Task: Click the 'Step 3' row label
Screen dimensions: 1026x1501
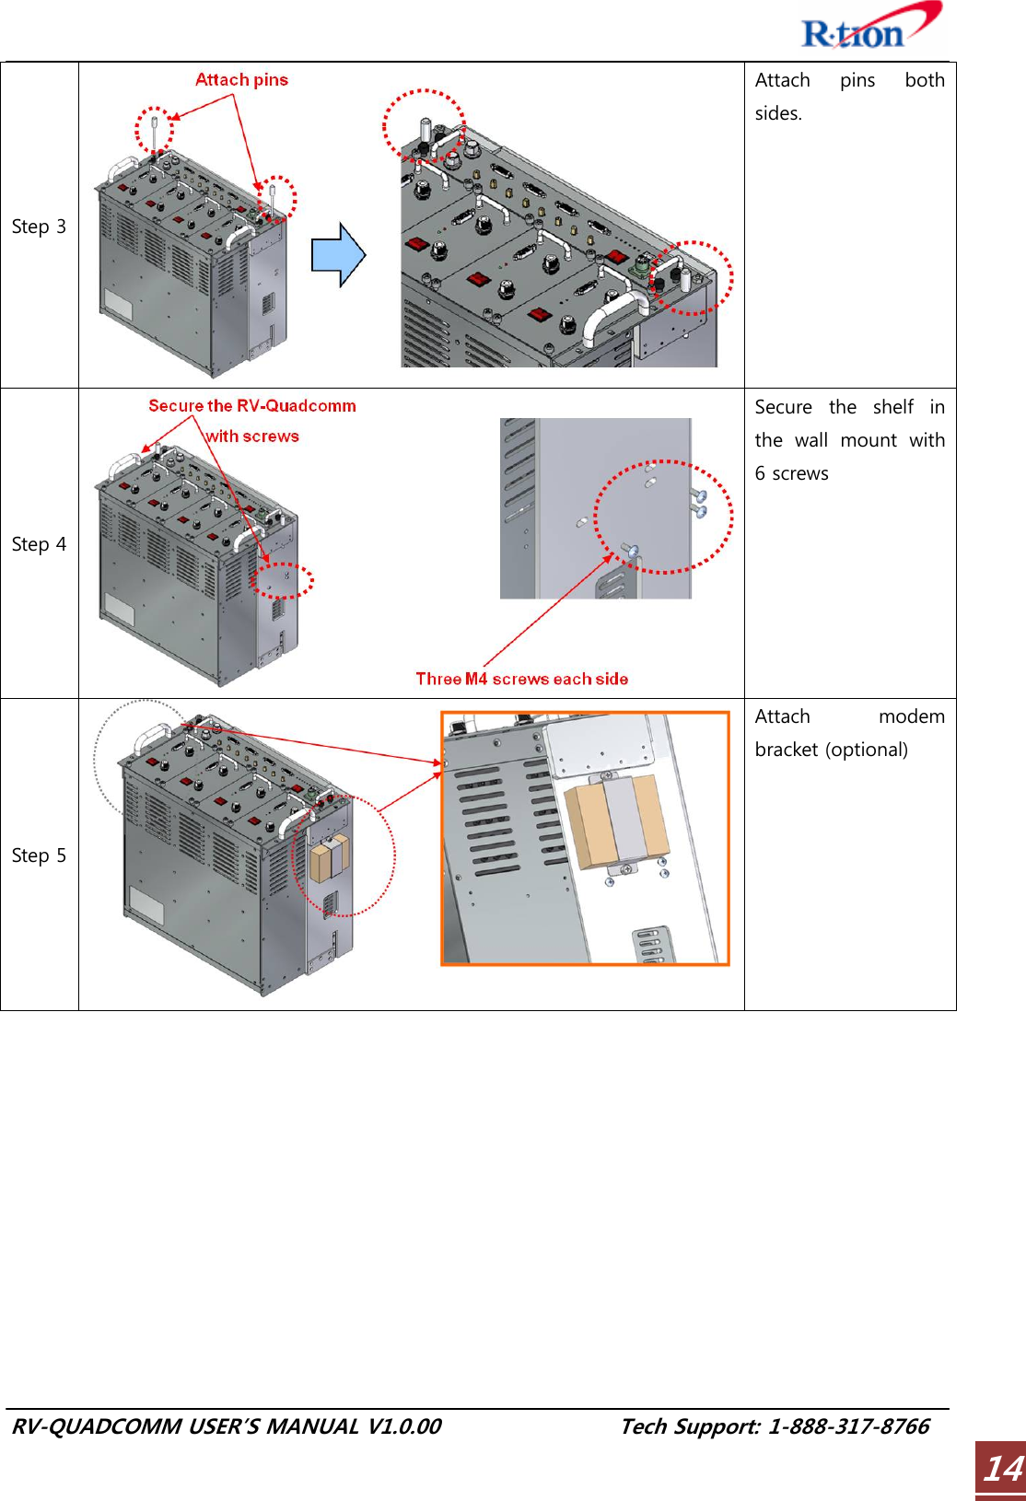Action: (39, 227)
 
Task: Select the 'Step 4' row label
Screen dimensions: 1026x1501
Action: (39, 544)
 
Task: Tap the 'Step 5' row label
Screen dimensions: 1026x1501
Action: (39, 855)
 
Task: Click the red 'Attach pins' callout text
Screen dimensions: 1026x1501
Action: (241, 80)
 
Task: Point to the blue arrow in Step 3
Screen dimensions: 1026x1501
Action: (338, 255)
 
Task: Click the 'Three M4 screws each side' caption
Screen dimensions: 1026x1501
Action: (521, 679)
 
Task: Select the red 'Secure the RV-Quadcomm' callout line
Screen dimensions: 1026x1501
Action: (251, 406)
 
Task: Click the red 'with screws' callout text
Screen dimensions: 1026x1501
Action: (252, 436)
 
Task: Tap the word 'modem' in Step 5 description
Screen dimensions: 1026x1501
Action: (911, 716)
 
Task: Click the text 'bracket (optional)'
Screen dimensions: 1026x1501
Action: (831, 750)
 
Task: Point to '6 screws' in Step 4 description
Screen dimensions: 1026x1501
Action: (791, 473)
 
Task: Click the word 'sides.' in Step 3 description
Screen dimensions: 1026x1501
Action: (778, 113)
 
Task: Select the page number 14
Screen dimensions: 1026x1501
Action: (1001, 1468)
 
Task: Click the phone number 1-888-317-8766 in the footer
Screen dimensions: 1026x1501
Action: (848, 1426)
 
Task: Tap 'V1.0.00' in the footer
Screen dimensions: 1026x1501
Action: (403, 1426)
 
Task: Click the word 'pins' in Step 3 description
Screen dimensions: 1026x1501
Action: (857, 80)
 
